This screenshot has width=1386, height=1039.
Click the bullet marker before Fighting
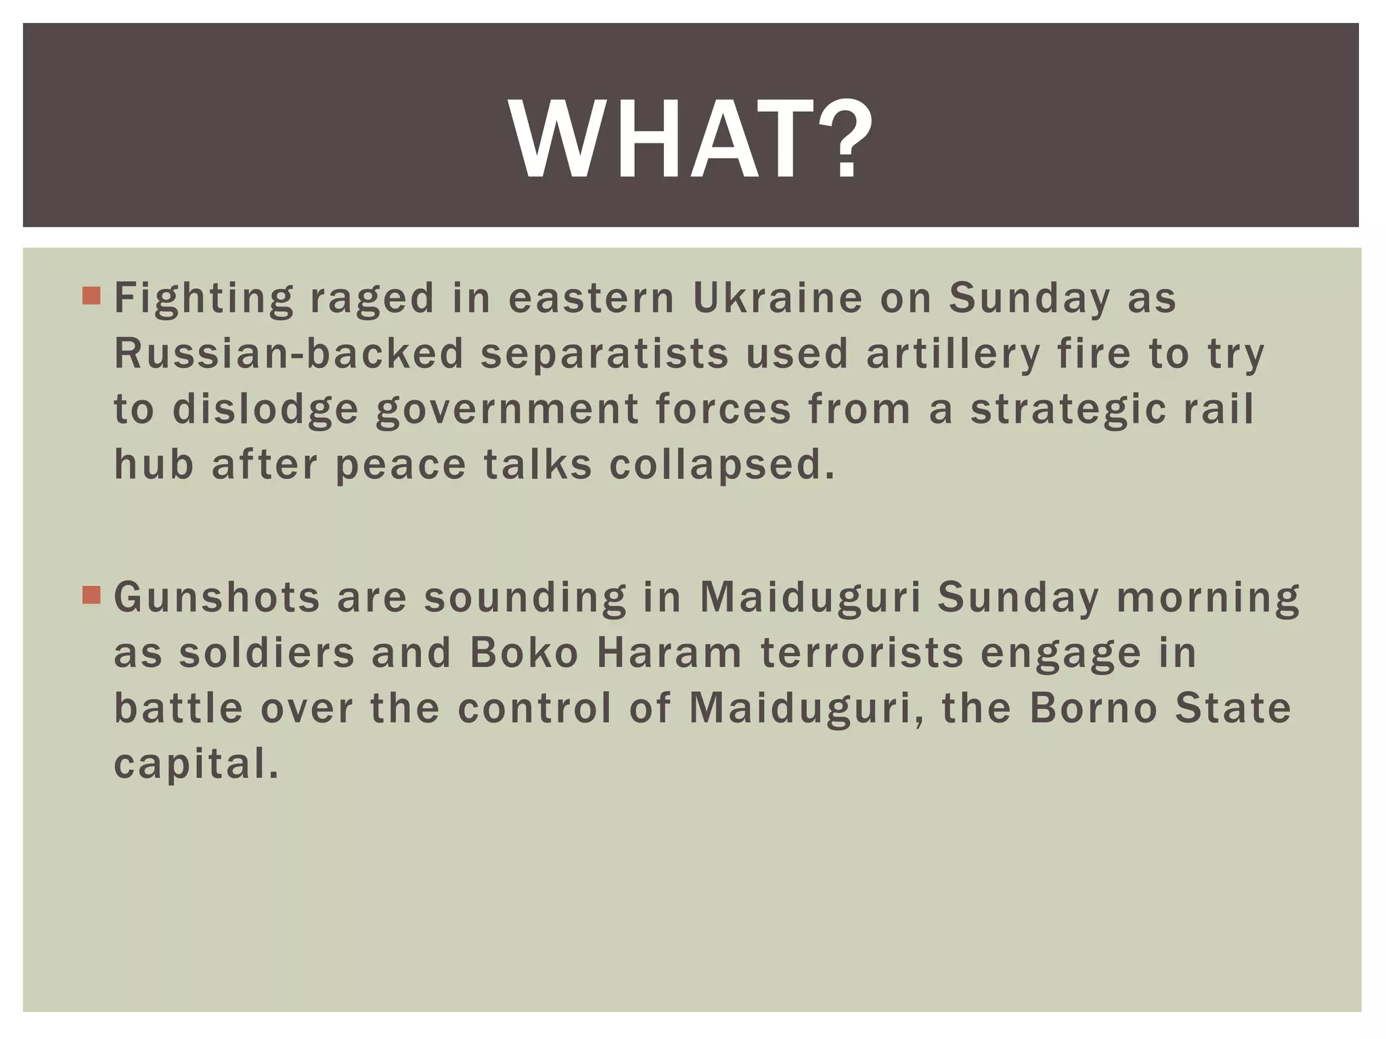pyautogui.click(x=91, y=296)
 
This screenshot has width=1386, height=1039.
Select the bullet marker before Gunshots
pyautogui.click(x=91, y=595)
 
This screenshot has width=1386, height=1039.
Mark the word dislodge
pyautogui.click(x=265, y=410)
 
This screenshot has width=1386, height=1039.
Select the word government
pyautogui.click(x=508, y=410)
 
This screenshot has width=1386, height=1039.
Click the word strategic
pyautogui.click(x=1068, y=410)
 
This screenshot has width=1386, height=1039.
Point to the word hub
pyautogui.click(x=154, y=465)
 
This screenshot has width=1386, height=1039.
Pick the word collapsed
pyautogui.click(x=722, y=466)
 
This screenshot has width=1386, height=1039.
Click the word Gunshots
pyautogui.click(x=217, y=597)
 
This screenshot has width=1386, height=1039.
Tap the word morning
pyautogui.click(x=1208, y=599)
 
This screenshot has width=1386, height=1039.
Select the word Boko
pyautogui.click(x=524, y=653)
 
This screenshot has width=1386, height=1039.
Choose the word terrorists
pyautogui.click(x=862, y=653)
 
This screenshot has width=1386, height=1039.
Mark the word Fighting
pyautogui.click(x=204, y=299)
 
